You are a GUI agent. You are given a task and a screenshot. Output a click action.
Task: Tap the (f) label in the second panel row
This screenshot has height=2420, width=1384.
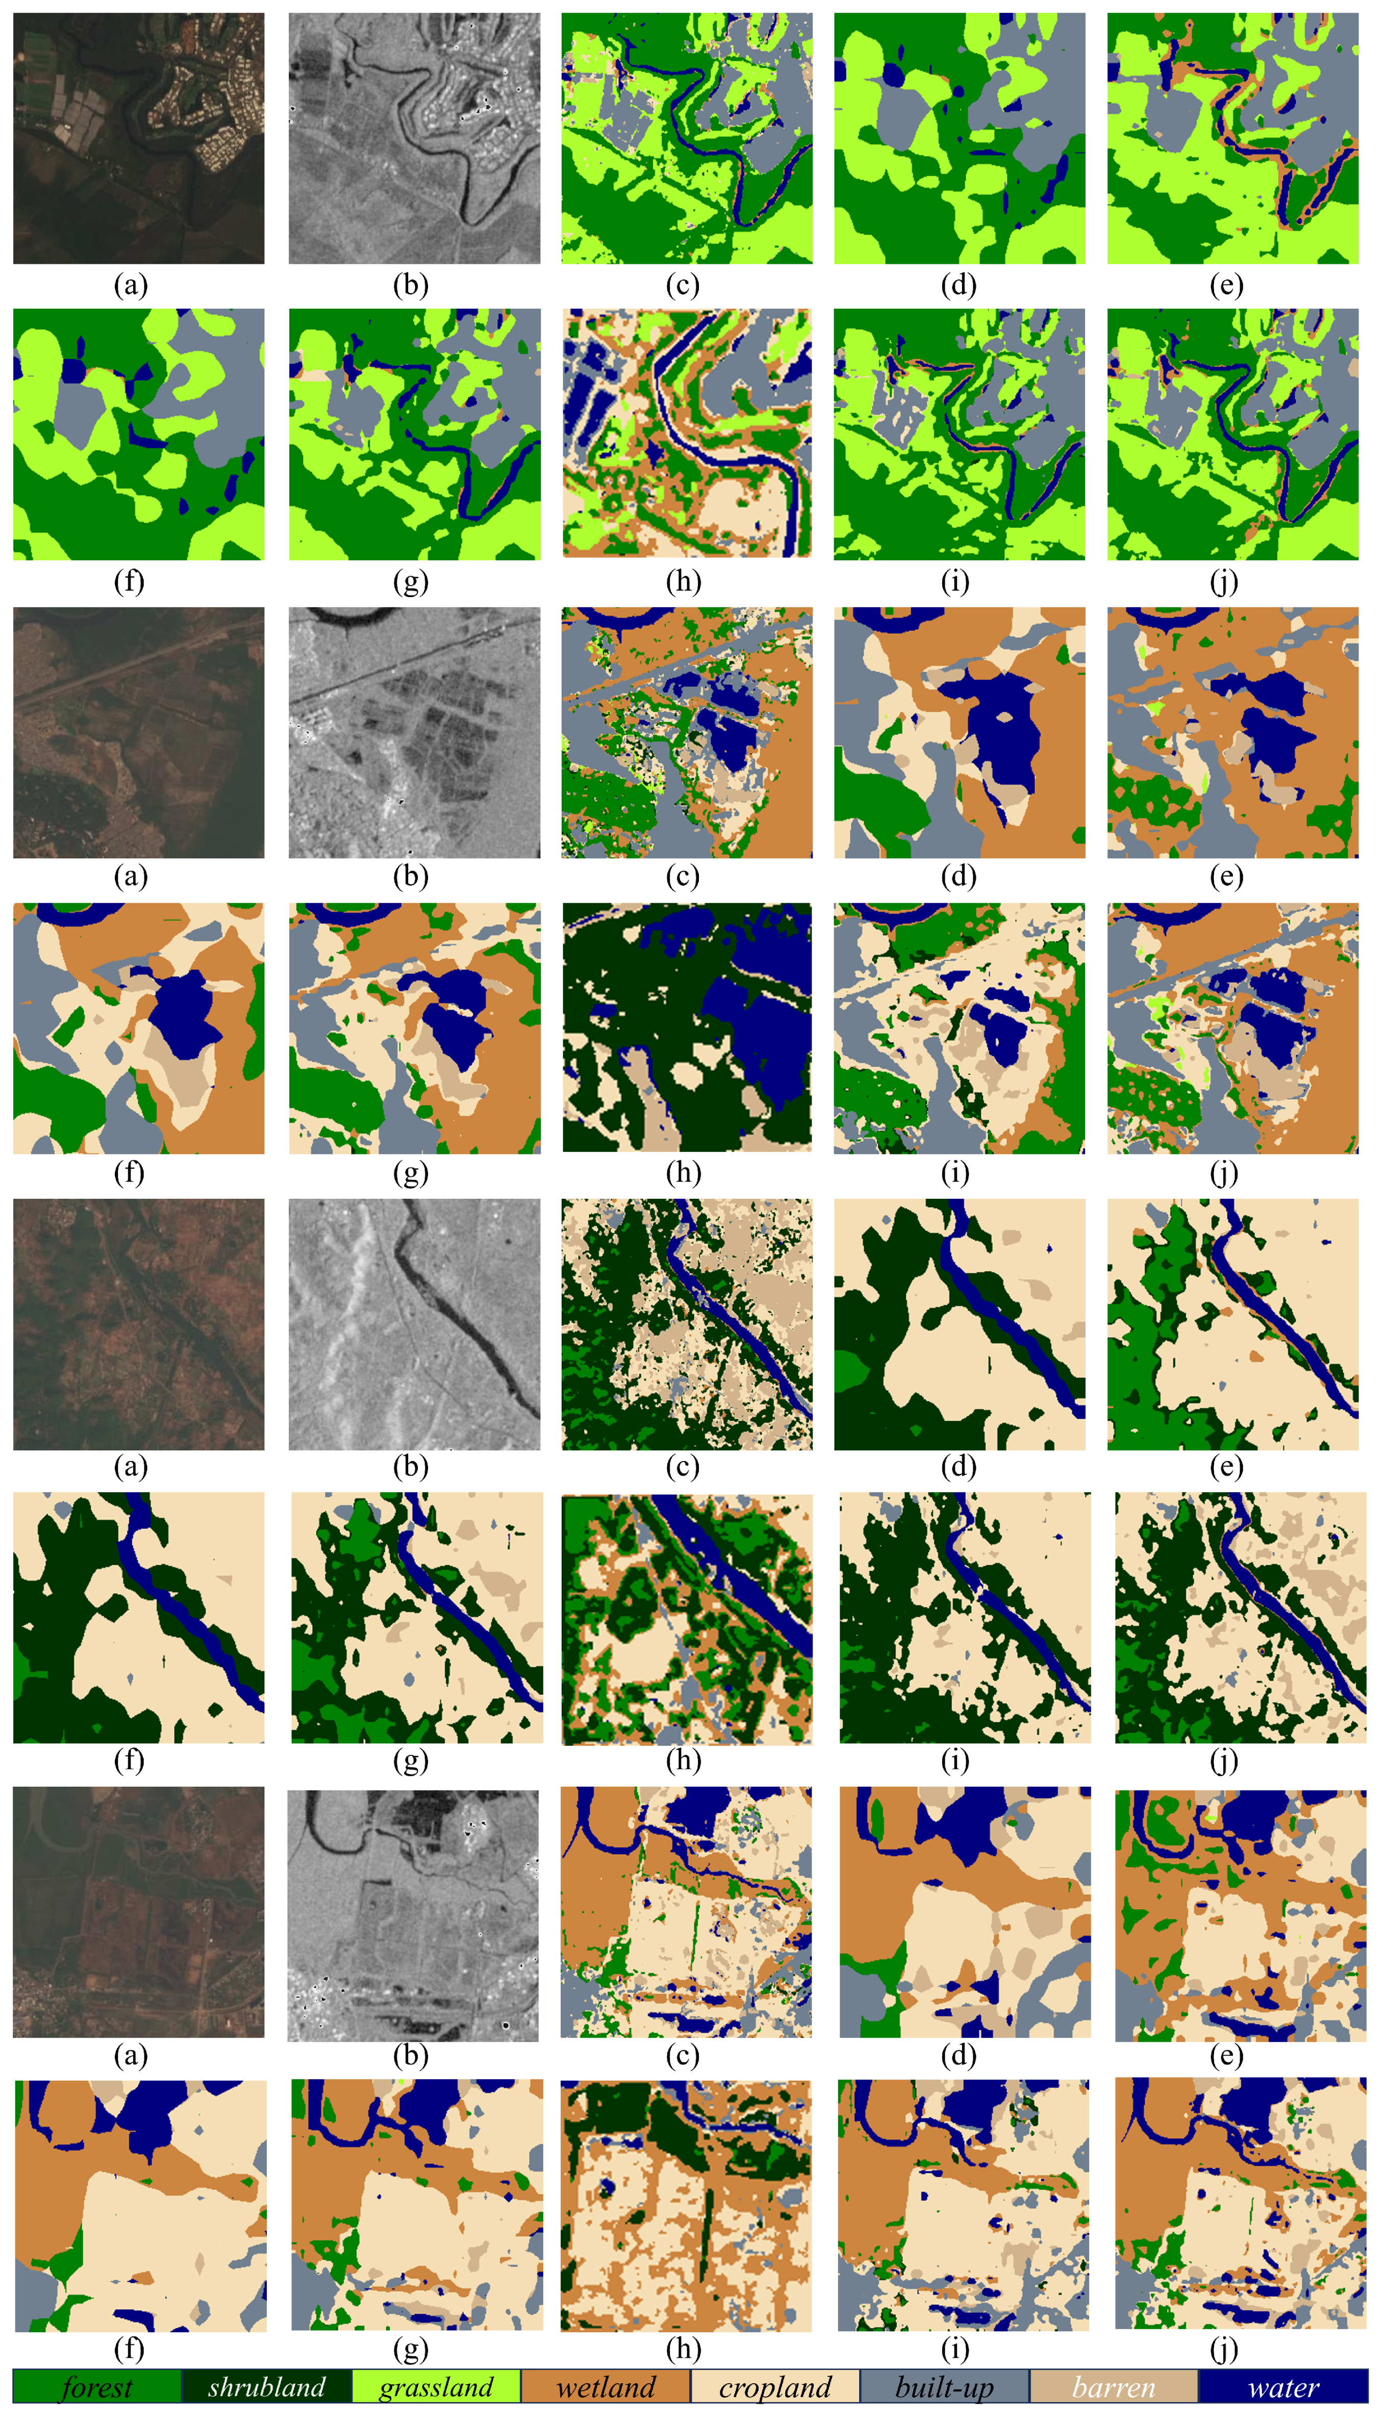pyautogui.click(x=129, y=580)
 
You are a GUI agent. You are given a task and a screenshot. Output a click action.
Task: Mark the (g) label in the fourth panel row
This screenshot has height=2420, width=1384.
pyautogui.click(x=411, y=1172)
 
